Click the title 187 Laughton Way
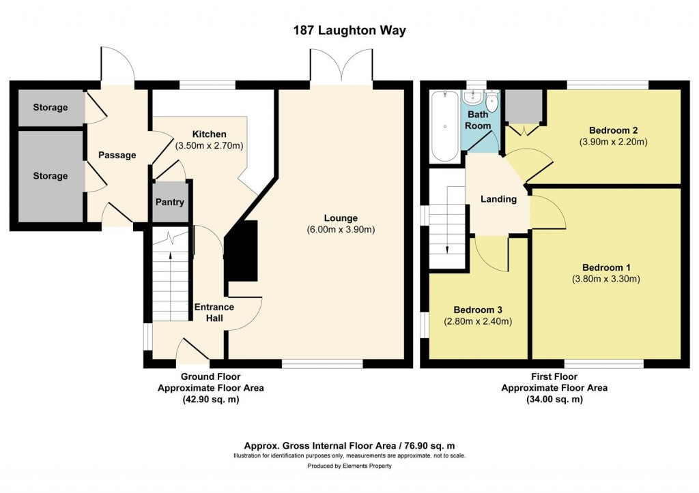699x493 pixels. click(x=349, y=30)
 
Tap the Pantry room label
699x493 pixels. click(x=170, y=203)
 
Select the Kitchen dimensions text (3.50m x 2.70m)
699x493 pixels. click(x=209, y=146)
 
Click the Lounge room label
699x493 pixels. click(x=341, y=218)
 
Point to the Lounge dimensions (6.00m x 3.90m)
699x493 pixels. click(x=341, y=230)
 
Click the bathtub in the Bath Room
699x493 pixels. click(x=445, y=125)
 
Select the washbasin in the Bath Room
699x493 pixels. click(x=471, y=97)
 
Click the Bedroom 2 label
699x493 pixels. click(x=614, y=130)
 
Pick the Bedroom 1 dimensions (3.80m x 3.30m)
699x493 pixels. click(x=606, y=280)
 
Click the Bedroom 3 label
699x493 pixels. click(x=478, y=310)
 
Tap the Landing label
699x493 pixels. click(x=498, y=199)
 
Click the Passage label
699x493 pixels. click(x=117, y=155)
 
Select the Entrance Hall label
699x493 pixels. click(x=214, y=312)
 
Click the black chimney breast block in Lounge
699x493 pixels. click(x=241, y=251)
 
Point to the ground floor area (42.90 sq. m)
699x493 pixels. click(x=210, y=400)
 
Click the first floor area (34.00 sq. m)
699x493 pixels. click(x=554, y=400)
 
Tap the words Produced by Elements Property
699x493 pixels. click(x=349, y=466)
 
